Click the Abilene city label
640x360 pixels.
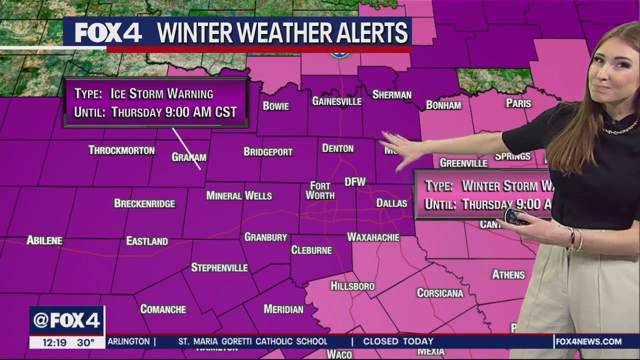pyautogui.click(x=44, y=240)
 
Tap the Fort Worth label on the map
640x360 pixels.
pyautogui.click(x=320, y=190)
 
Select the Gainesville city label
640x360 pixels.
pyautogui.click(x=336, y=101)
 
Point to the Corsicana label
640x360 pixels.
pyautogui.click(x=440, y=293)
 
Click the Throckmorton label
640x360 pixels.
pyautogui.click(x=121, y=150)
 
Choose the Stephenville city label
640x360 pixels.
pyautogui.click(x=219, y=267)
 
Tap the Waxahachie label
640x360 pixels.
pyautogui.click(x=373, y=237)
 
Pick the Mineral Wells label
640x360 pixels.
pyautogui.click(x=239, y=195)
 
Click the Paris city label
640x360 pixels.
pyautogui.click(x=518, y=103)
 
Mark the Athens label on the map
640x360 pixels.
pyautogui.click(x=508, y=274)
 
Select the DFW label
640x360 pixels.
pyautogui.click(x=355, y=181)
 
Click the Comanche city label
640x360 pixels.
pyautogui.click(x=163, y=309)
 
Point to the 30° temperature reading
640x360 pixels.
pyautogui.click(x=86, y=342)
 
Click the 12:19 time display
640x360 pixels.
pyautogui.click(x=52, y=342)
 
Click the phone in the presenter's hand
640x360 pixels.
pyautogui.click(x=515, y=216)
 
